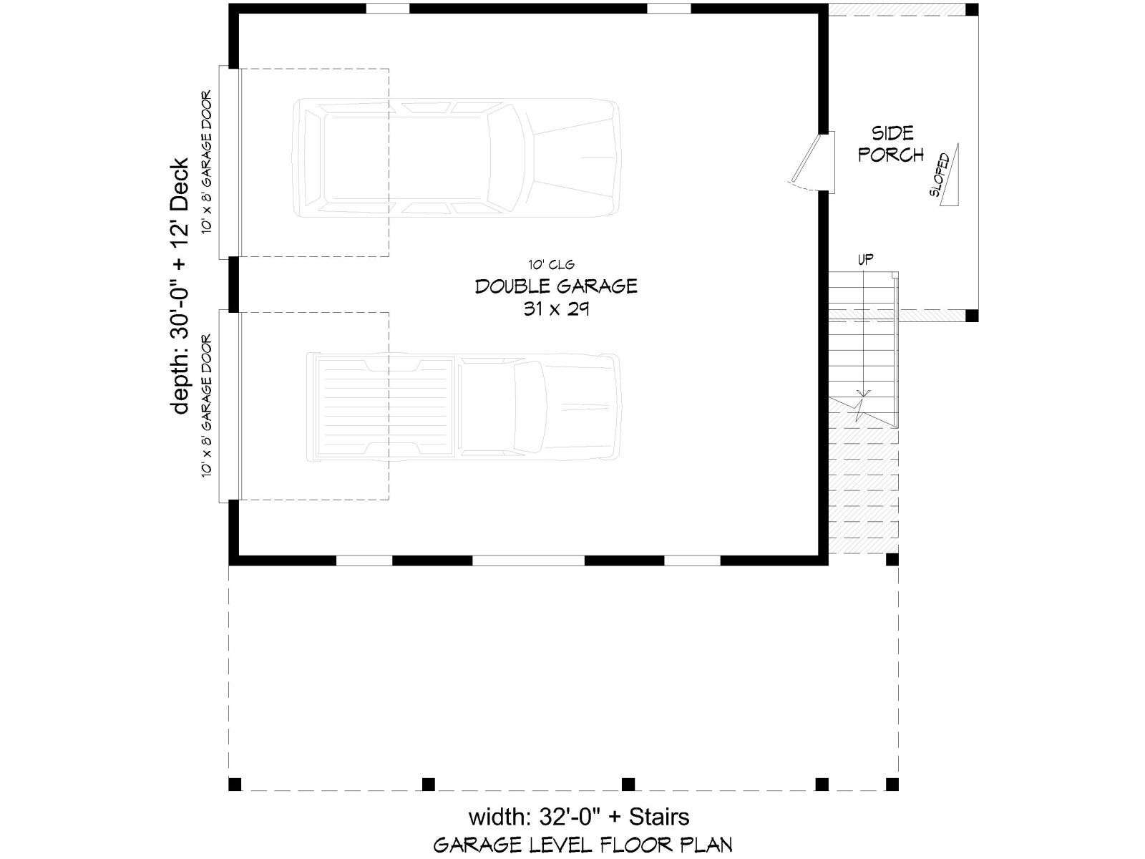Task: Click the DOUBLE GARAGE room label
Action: pos(556,286)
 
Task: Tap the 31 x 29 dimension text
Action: pos(556,309)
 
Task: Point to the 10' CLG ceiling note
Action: pos(551,265)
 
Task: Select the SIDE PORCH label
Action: pos(891,144)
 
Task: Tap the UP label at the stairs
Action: pos(865,259)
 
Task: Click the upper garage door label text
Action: pos(207,162)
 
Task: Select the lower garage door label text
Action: pos(207,405)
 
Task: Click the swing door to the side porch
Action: pos(805,159)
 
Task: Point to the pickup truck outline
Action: pos(463,407)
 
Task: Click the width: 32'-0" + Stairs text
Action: pos(579,817)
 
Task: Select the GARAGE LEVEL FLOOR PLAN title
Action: pos(583,845)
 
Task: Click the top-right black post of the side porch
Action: pos(972,9)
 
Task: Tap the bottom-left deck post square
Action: pos(235,784)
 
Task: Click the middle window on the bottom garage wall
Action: pos(528,560)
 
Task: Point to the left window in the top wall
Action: pos(388,9)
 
